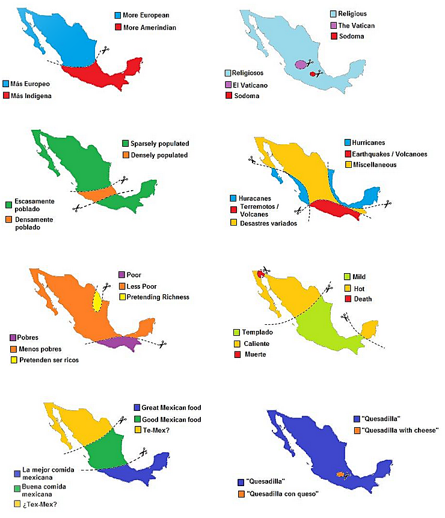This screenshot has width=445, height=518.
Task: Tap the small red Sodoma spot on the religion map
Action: click(x=312, y=74)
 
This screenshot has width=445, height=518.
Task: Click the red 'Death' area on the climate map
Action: click(x=260, y=274)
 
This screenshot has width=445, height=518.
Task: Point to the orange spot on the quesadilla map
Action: click(x=340, y=475)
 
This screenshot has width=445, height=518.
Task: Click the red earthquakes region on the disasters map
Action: click(x=334, y=210)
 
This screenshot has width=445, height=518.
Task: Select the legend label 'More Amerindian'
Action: click(x=149, y=27)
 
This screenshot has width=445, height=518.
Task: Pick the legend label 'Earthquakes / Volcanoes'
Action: click(x=390, y=154)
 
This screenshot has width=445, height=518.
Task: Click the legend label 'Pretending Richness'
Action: click(x=158, y=297)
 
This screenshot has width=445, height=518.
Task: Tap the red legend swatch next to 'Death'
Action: click(x=347, y=299)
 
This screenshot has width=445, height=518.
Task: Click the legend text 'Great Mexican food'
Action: click(x=172, y=407)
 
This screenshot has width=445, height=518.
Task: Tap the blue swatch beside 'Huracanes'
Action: click(x=233, y=199)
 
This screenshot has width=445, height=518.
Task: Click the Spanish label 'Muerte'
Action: click(x=256, y=355)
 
